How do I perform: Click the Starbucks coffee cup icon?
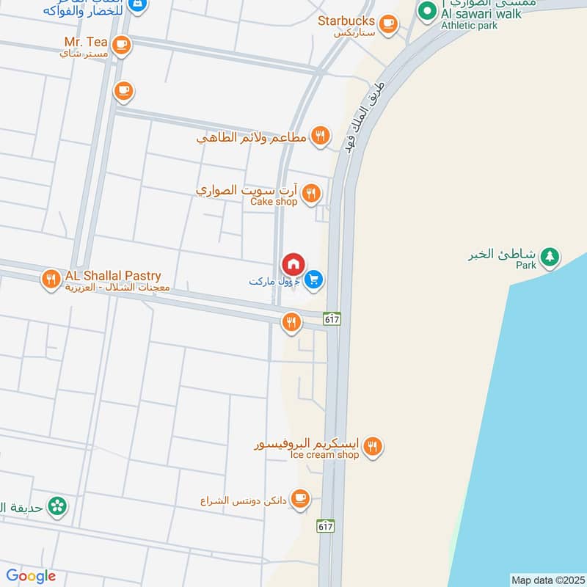click(388, 24)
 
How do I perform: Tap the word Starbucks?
click(346, 21)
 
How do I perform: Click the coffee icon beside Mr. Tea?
click(123, 45)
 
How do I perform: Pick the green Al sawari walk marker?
click(426, 12)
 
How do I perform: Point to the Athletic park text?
click(469, 26)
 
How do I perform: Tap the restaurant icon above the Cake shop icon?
click(320, 135)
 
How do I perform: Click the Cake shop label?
click(274, 202)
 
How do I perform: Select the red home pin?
click(293, 264)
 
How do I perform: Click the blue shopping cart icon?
click(314, 280)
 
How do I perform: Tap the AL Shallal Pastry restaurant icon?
click(50, 278)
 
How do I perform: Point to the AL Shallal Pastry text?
click(113, 275)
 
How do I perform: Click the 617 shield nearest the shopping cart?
click(332, 318)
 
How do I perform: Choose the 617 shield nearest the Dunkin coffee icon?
click(327, 525)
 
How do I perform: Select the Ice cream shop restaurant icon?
click(373, 446)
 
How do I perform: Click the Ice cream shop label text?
click(324, 455)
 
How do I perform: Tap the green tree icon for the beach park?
click(549, 257)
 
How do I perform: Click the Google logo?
click(31, 576)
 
